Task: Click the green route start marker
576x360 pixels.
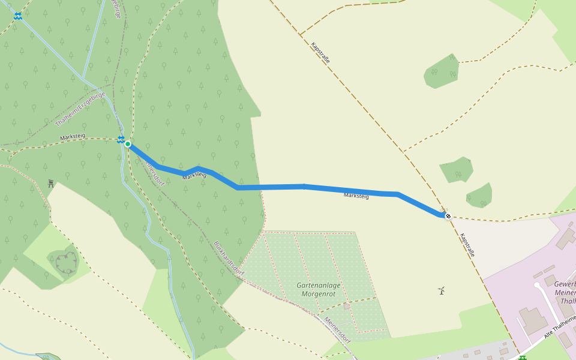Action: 128,144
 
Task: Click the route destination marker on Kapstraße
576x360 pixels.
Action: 448,216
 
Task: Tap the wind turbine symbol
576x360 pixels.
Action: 442,290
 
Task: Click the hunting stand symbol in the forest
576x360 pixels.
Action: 51,183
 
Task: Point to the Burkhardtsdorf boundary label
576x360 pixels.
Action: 229,259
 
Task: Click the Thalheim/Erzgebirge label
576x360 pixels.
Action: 80,109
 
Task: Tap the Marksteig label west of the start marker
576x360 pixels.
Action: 73,137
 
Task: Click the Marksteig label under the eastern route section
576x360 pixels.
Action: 356,196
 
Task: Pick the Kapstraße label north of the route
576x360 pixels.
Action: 320,53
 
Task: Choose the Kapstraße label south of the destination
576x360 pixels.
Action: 467,245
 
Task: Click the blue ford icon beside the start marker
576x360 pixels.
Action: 121,140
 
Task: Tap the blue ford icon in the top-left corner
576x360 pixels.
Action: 19,16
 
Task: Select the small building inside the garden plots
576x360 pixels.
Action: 347,307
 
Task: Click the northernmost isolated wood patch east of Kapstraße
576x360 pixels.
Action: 442,71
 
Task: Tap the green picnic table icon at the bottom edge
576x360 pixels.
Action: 522,358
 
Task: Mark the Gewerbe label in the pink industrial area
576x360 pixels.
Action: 565,284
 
